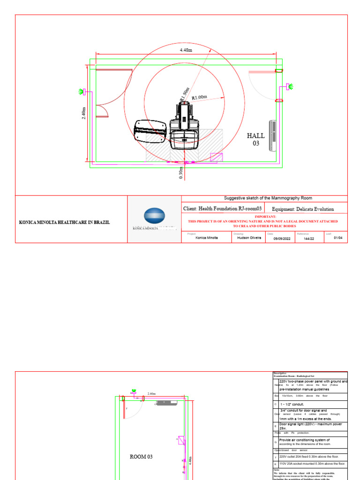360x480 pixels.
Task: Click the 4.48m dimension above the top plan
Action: pos(186,50)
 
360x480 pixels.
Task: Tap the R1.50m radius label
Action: pos(184,94)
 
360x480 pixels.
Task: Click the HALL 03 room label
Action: pos(256,140)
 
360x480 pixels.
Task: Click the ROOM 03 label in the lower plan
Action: pos(141,456)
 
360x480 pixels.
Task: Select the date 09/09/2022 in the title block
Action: pos(278,238)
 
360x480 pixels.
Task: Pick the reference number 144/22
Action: pos(309,238)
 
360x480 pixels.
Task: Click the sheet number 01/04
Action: pos(338,238)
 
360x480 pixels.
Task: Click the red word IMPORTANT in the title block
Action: pos(262,217)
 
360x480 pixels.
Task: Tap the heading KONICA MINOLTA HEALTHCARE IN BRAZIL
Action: pos(64,222)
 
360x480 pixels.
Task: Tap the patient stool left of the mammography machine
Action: pos(150,131)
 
